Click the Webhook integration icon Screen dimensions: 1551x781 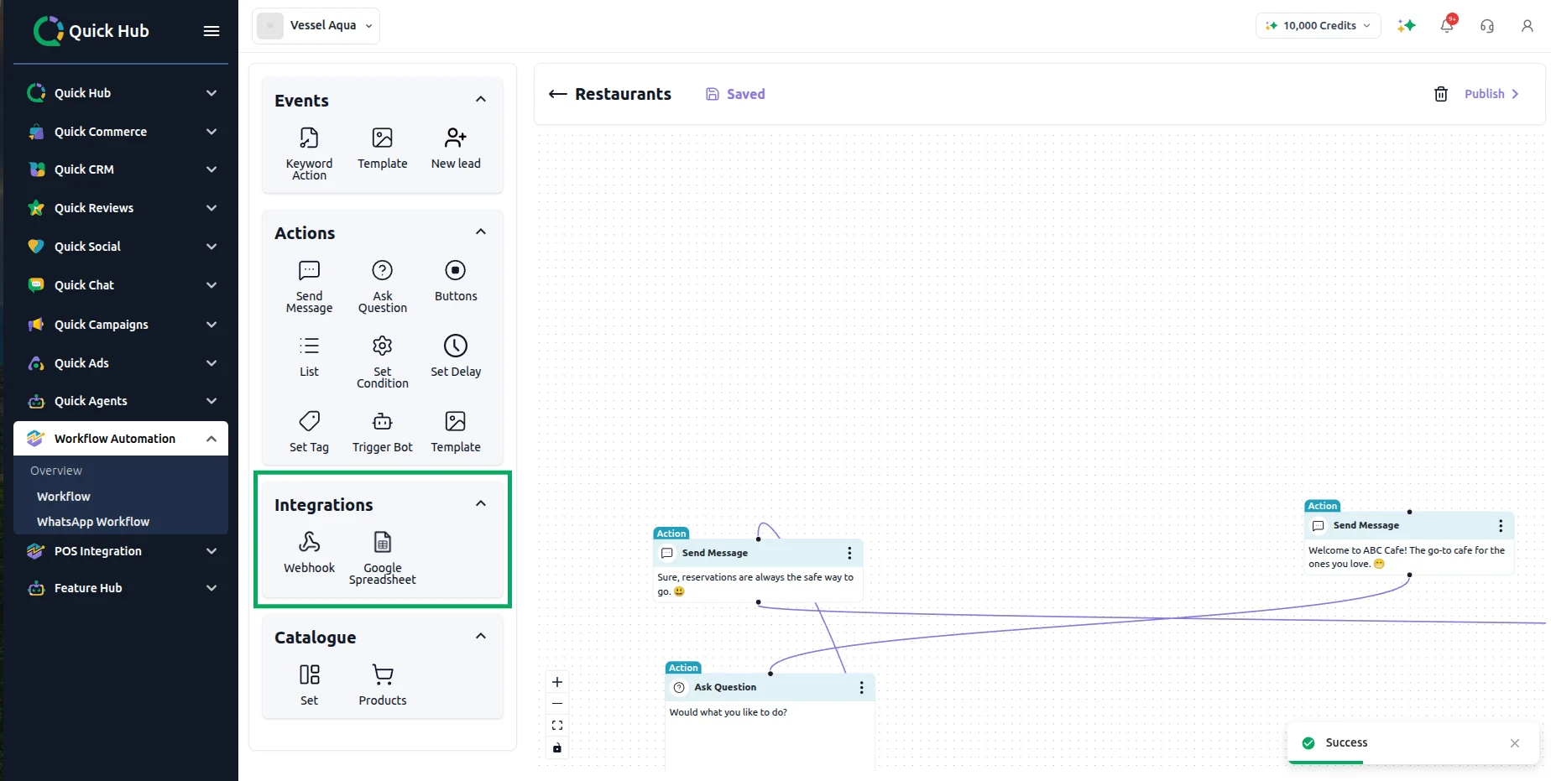tap(309, 542)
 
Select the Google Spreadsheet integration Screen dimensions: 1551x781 tap(383, 557)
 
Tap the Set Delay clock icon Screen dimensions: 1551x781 tap(456, 346)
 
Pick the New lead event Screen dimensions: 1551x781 tap(456, 148)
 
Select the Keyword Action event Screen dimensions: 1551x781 tap(309, 154)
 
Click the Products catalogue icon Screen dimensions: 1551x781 tap(383, 674)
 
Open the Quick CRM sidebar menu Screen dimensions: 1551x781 tap(123, 169)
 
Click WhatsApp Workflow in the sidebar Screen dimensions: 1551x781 tap(93, 522)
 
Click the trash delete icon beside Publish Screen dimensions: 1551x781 tap(1441, 94)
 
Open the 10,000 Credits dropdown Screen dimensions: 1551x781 tap(1319, 26)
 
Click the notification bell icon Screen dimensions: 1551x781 tap(1447, 25)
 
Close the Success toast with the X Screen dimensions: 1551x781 tap(1515, 743)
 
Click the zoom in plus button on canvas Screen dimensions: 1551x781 tap(557, 682)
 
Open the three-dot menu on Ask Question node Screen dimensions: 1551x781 tap(861, 688)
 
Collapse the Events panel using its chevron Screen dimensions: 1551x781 tap(481, 100)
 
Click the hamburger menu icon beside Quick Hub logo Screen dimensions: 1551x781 tap(211, 31)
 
